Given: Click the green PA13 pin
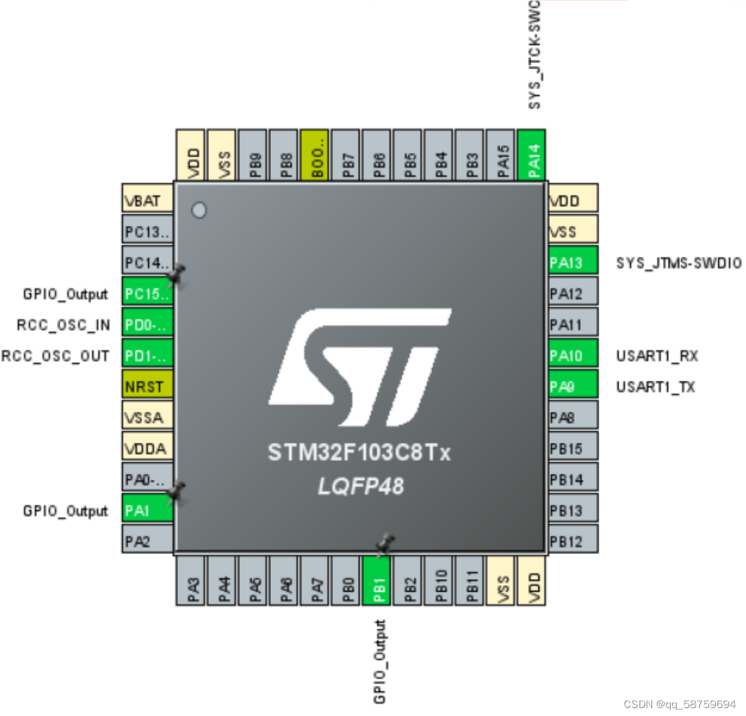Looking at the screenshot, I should click(573, 262).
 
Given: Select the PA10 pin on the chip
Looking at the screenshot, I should click(573, 356).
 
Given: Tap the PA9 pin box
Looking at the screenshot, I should click(573, 387).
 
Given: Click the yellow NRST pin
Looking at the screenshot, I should click(147, 387).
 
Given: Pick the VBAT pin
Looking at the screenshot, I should click(147, 200).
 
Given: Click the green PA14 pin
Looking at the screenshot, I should click(533, 155).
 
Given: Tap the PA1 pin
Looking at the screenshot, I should click(147, 510).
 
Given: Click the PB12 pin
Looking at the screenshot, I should click(573, 541).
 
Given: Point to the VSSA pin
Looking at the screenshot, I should click(147, 418).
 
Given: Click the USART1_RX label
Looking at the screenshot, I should click(657, 356).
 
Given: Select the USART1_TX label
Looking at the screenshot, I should click(655, 387).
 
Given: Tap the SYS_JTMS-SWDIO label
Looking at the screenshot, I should click(679, 263).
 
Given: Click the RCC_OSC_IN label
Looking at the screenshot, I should click(63, 325).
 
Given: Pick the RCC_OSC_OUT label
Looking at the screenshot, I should click(55, 356).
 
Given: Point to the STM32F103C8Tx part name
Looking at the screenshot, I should click(359, 453).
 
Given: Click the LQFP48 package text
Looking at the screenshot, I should click(360, 486).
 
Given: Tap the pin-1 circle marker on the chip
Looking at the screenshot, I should click(199, 210).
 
